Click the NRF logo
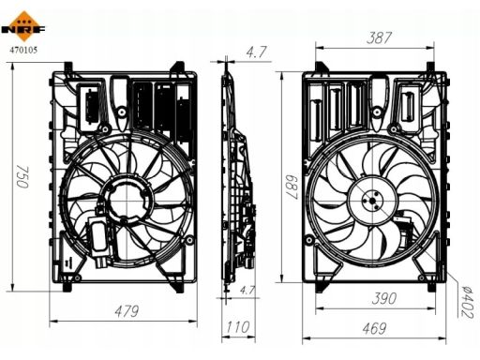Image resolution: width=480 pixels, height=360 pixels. click(x=23, y=26)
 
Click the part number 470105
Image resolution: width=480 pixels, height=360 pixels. click(x=23, y=50)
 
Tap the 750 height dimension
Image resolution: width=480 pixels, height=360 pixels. click(x=22, y=177)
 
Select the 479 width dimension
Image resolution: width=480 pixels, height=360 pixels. click(x=127, y=311)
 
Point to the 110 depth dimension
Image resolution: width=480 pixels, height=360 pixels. click(x=238, y=327)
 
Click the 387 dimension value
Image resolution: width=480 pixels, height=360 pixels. click(x=379, y=37)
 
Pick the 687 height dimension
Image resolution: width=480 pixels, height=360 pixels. click(x=292, y=187)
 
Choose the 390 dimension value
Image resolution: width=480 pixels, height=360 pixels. click(x=384, y=298)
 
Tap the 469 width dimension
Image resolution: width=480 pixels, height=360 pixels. click(x=374, y=328)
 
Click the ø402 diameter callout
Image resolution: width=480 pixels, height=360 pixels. click(x=469, y=302)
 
